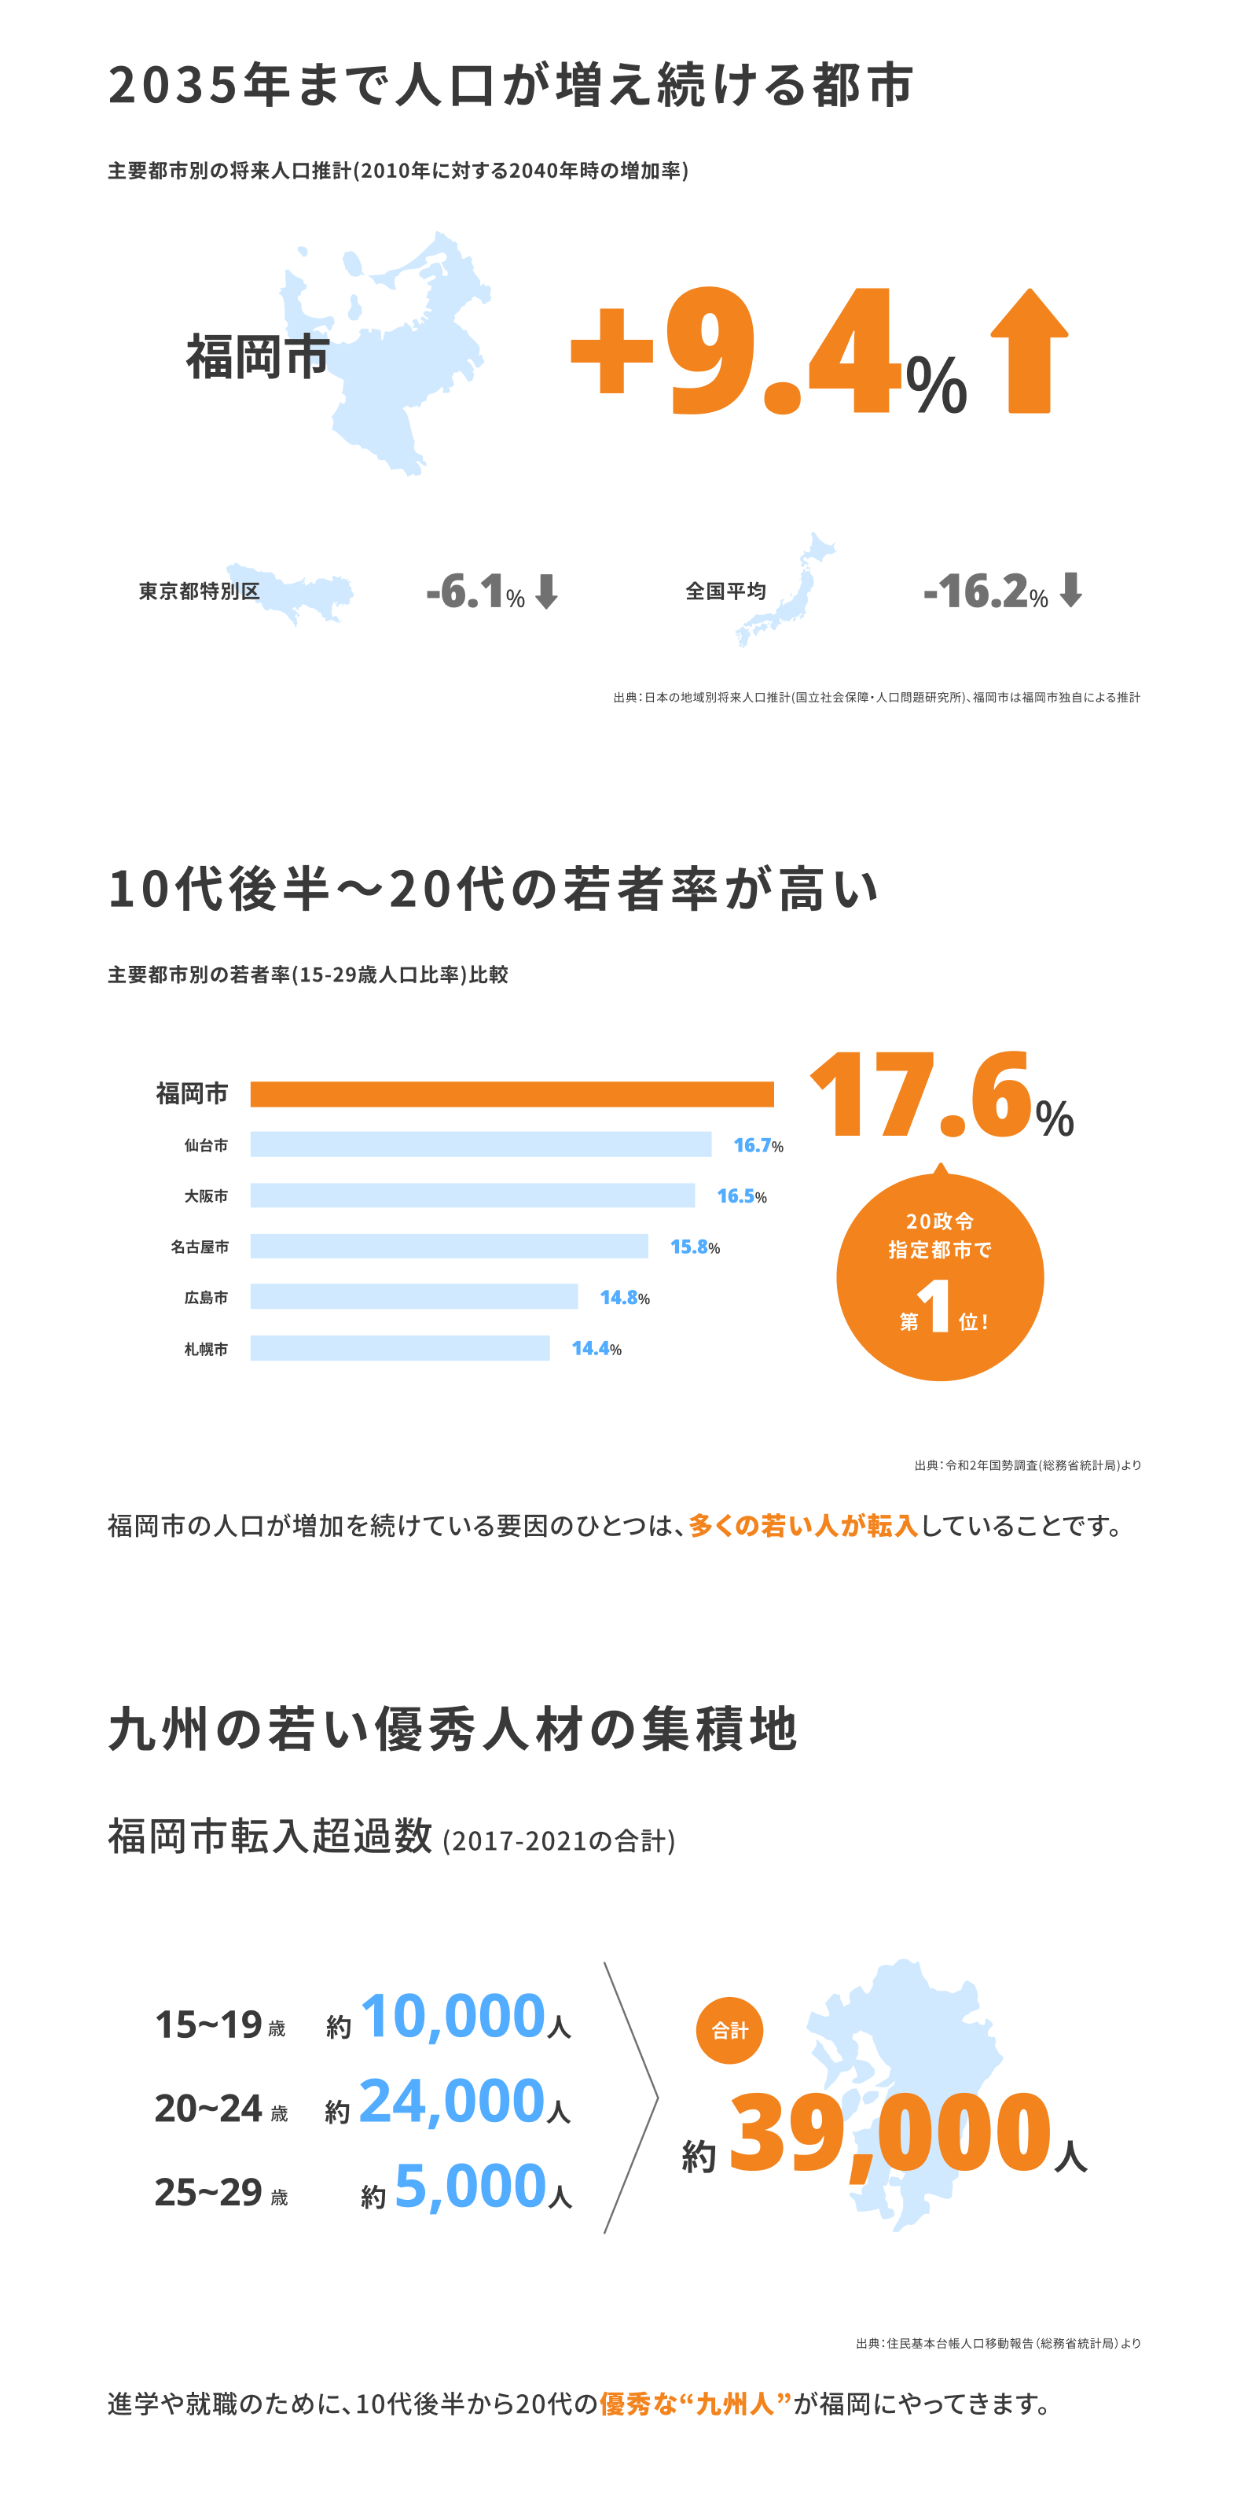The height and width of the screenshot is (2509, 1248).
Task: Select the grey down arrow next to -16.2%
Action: click(x=1071, y=589)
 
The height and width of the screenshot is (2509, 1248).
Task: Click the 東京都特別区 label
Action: click(x=199, y=591)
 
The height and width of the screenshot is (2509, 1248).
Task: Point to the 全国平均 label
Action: click(x=725, y=591)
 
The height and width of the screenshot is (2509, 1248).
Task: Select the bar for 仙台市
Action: click(x=480, y=1144)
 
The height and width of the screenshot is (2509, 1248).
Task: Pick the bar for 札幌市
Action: click(x=399, y=1348)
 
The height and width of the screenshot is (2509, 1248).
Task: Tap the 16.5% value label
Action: click(x=741, y=1196)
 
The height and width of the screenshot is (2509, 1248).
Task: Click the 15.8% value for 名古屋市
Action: click(x=694, y=1247)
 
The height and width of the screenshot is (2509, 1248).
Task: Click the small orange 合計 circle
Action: click(x=729, y=2031)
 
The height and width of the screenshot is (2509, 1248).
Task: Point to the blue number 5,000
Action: click(x=470, y=2187)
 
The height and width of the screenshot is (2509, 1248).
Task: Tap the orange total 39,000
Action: click(x=890, y=2135)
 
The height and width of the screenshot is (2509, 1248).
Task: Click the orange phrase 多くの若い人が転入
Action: click(x=803, y=1525)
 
